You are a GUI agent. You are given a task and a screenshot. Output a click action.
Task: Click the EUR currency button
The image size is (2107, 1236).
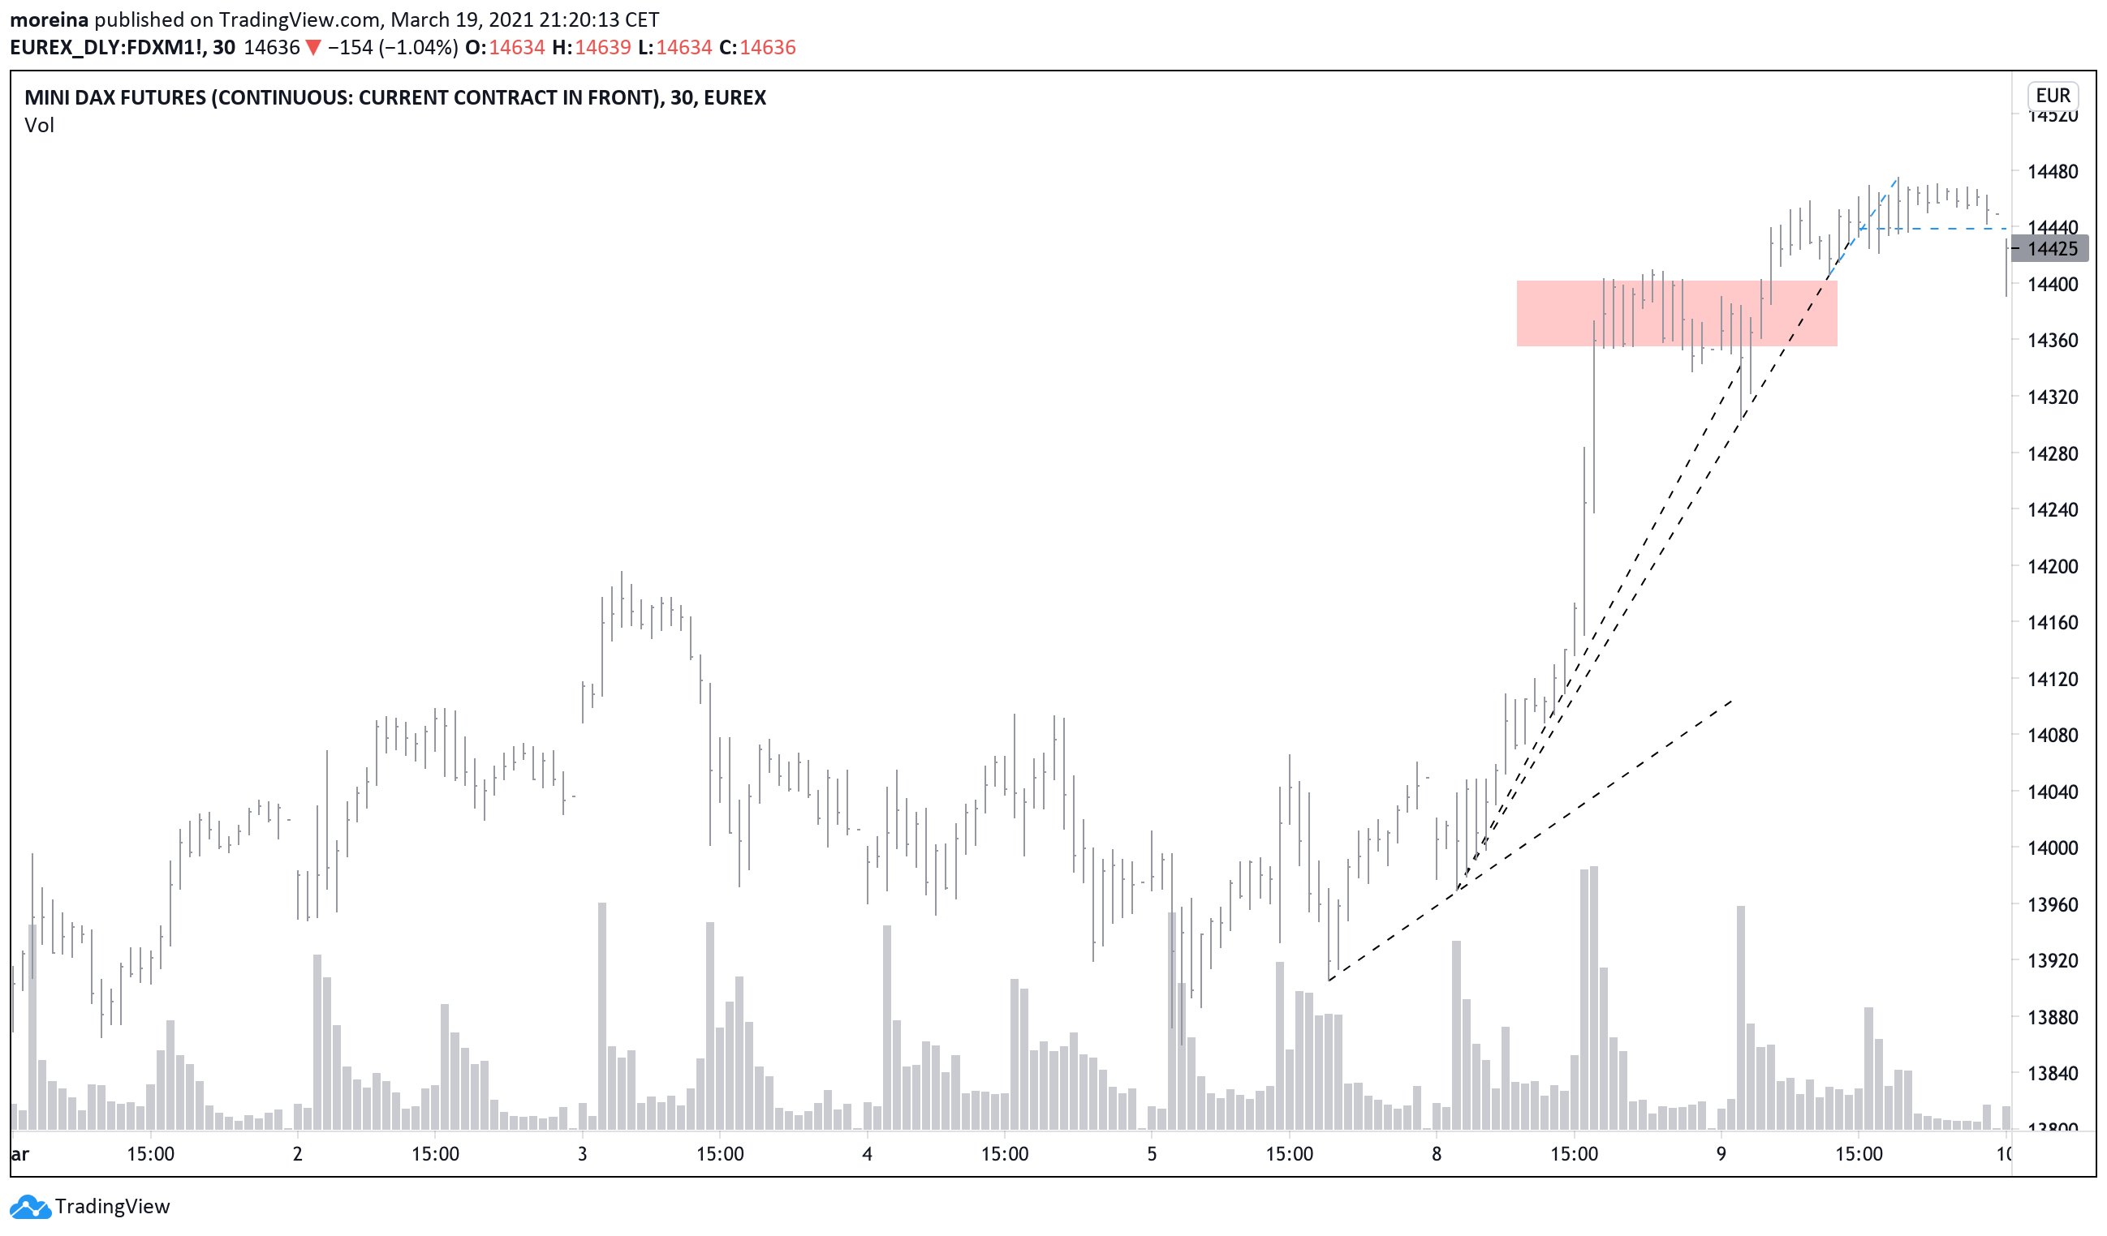click(x=2052, y=95)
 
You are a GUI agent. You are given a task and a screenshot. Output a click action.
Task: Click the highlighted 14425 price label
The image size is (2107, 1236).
click(x=2052, y=249)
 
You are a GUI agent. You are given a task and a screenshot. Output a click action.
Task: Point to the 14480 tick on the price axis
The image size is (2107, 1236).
click(x=2052, y=172)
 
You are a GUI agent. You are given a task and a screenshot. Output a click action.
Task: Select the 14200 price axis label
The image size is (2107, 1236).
click(x=2052, y=567)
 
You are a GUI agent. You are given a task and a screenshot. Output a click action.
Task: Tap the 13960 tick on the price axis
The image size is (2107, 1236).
click(x=2052, y=905)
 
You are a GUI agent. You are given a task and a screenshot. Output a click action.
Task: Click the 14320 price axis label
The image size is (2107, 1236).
click(x=2052, y=397)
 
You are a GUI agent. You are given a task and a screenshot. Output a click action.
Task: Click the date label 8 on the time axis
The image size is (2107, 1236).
click(x=1437, y=1155)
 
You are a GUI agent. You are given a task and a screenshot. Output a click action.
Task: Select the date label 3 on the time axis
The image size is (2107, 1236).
click(x=582, y=1155)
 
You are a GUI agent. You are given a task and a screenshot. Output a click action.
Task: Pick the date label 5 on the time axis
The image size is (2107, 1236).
click(x=1152, y=1155)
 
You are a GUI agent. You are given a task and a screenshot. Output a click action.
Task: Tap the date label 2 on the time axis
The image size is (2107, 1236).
click(x=298, y=1155)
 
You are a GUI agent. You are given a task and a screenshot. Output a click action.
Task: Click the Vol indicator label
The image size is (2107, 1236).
click(x=39, y=126)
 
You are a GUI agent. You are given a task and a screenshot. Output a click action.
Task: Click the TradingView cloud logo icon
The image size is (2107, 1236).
click(x=30, y=1207)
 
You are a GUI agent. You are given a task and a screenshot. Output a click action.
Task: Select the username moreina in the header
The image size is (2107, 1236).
click(x=49, y=19)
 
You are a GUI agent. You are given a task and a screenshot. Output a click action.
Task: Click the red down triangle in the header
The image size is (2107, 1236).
click(x=313, y=48)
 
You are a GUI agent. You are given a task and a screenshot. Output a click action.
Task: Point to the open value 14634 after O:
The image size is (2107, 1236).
click(x=517, y=48)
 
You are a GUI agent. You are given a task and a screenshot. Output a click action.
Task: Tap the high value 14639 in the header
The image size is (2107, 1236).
click(x=603, y=48)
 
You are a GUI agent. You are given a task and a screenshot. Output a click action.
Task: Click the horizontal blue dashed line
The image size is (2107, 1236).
click(x=1948, y=228)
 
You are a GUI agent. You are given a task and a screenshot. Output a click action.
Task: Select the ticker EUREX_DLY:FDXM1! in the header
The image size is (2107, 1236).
click(x=108, y=48)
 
